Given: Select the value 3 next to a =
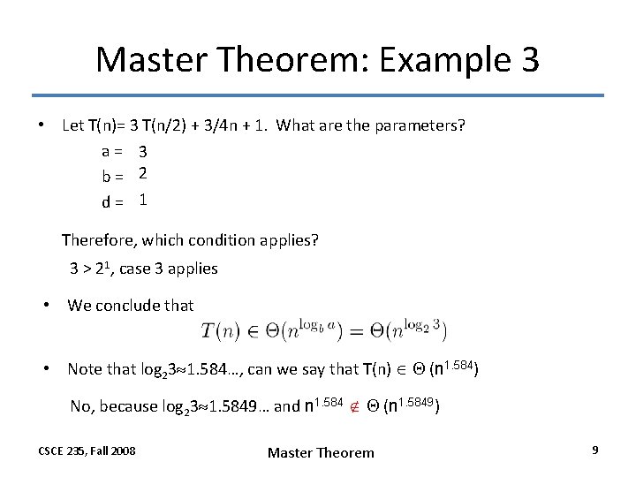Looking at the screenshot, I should [141, 152].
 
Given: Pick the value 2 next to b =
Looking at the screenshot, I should [141, 176].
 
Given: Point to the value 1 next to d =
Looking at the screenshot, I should [142, 201].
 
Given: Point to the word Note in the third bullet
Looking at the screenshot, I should [84, 369].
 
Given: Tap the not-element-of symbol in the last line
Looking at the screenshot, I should [354, 407].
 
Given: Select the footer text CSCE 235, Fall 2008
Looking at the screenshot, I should [87, 450].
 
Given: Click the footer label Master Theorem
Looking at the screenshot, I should [321, 452].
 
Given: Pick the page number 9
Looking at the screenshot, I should [595, 450].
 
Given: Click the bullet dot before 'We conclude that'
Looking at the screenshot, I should [50, 306].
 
